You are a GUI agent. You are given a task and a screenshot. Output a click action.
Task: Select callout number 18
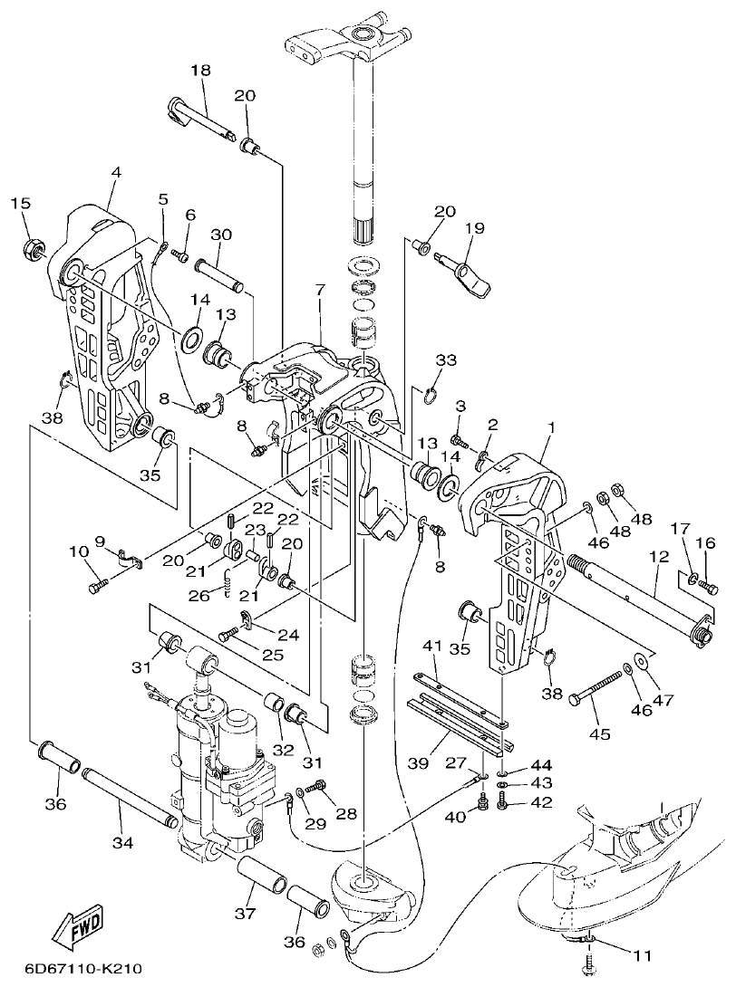click(x=200, y=70)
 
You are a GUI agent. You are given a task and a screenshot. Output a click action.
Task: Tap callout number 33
click(x=445, y=359)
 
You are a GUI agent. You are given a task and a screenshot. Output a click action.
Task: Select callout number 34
click(x=122, y=842)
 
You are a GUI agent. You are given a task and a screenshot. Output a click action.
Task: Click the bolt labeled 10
click(x=99, y=587)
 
